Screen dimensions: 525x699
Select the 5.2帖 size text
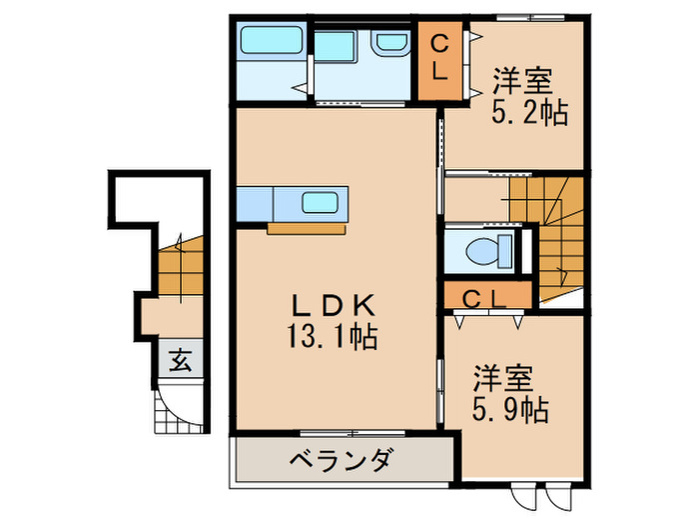click(529, 112)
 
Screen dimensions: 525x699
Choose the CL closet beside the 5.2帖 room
click(439, 60)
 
